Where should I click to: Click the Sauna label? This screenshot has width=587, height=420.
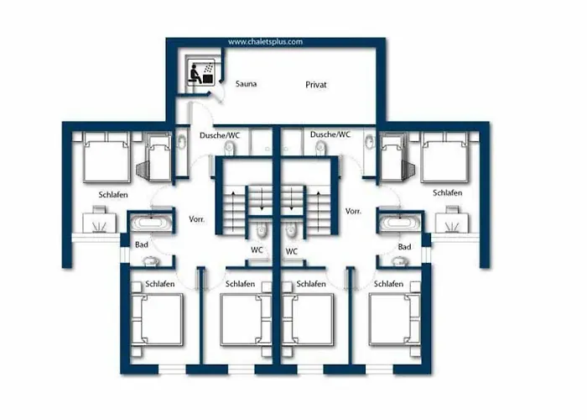[246, 84]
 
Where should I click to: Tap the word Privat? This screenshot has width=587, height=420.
[316, 85]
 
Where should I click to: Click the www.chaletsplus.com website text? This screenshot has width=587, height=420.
[266, 42]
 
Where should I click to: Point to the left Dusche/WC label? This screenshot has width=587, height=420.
[220, 135]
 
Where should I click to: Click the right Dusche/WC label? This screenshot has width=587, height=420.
[330, 134]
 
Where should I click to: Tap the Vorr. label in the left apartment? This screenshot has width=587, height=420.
[196, 219]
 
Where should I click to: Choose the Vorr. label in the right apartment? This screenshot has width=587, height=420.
[353, 211]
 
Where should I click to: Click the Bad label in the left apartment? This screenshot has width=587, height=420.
[142, 244]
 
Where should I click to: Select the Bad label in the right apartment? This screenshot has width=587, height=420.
[404, 247]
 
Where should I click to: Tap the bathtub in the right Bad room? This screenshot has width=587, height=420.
[398, 223]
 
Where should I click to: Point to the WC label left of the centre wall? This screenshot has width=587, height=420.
[257, 249]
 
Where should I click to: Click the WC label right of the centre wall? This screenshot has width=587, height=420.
[291, 251]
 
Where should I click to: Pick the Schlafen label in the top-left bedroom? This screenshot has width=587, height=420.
[113, 195]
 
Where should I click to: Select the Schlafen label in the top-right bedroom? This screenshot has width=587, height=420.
[447, 192]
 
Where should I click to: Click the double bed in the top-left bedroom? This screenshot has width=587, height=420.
[107, 158]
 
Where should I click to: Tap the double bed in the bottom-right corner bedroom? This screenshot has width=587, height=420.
[395, 319]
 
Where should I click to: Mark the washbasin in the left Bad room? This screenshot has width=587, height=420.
[150, 260]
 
